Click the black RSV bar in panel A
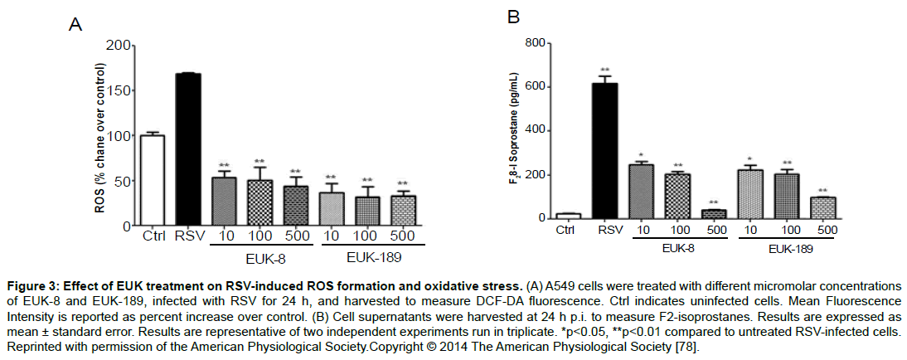[x=188, y=149]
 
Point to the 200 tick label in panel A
[x=119, y=45]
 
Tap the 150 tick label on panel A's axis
[x=119, y=90]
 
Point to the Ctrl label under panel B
[x=566, y=229]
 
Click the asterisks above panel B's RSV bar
[x=606, y=70]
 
